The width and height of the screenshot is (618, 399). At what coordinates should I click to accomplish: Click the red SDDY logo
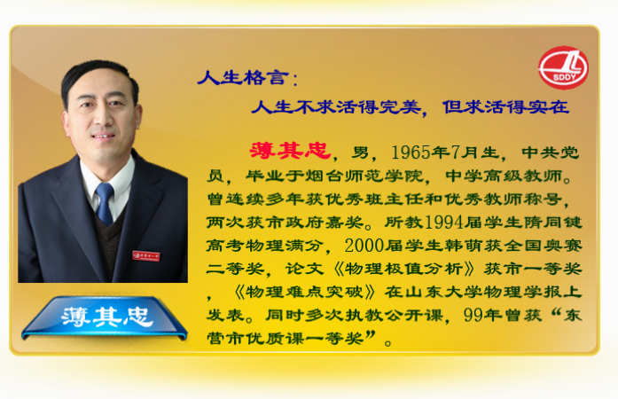pos(563,67)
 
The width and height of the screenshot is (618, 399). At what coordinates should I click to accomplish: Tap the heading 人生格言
pos(243,77)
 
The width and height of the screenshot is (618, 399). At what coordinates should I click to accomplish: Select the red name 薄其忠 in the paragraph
pos(290,151)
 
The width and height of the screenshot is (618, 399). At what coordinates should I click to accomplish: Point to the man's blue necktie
pos(105,203)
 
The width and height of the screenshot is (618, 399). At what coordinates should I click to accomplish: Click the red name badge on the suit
pos(146,255)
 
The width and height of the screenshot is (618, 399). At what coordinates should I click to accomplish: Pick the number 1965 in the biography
pos(411,153)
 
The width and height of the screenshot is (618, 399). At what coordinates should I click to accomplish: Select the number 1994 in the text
pos(444,223)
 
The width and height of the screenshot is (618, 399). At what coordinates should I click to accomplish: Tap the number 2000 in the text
pos(364,246)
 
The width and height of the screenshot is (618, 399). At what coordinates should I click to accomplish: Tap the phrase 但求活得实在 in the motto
pos(506,107)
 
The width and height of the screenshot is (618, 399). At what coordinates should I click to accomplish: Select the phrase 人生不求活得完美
pos(336,107)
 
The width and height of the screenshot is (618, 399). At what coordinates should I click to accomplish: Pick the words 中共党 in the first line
pos(551,153)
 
